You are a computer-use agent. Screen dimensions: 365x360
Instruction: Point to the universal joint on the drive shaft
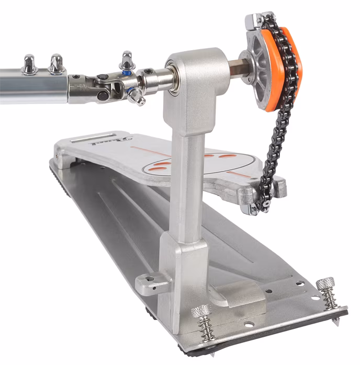click(x=110, y=84)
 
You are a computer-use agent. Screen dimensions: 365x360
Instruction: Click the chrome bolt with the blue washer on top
click(x=127, y=62)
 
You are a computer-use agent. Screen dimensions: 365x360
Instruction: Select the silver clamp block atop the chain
click(x=259, y=20)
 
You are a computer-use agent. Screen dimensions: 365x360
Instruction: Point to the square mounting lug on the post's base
click(x=152, y=282)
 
